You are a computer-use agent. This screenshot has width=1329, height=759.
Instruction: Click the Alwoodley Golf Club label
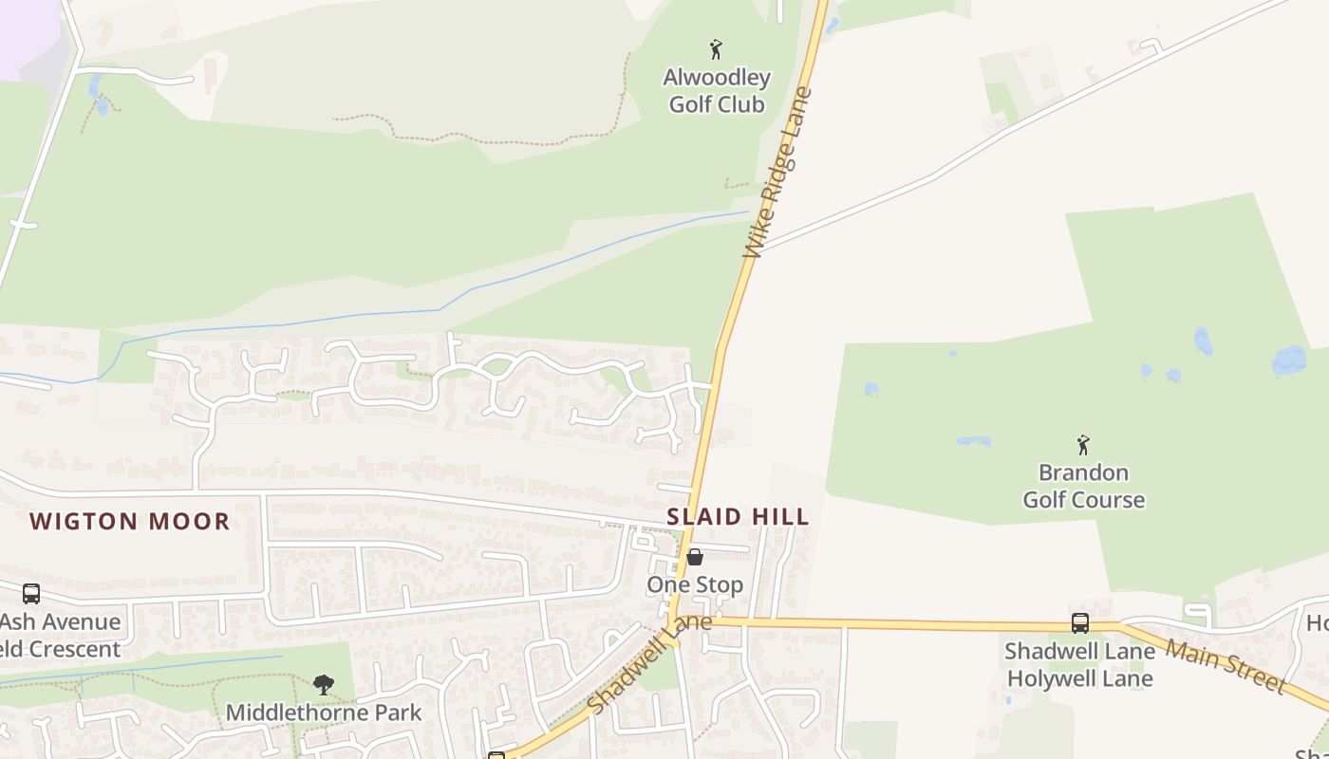click(717, 91)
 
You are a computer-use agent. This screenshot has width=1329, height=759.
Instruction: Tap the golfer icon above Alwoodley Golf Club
click(716, 49)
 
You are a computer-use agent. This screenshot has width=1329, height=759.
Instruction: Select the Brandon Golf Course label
click(1083, 486)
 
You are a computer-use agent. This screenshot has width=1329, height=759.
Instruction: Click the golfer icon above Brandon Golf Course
click(1083, 444)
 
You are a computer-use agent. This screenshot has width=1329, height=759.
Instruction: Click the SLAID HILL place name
click(738, 517)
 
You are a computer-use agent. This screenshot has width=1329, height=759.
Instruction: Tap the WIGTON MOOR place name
click(130, 521)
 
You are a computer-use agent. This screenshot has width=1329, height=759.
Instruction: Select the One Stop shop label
click(695, 584)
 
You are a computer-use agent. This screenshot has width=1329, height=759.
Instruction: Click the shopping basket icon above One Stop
click(695, 557)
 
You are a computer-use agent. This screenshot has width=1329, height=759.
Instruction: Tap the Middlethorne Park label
click(324, 712)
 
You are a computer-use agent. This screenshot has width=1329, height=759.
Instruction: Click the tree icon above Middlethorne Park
click(324, 684)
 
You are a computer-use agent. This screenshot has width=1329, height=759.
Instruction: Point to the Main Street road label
click(1226, 665)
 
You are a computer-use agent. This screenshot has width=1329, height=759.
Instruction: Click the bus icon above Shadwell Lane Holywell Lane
click(1080, 623)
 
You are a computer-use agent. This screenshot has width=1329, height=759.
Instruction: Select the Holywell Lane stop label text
click(1080, 678)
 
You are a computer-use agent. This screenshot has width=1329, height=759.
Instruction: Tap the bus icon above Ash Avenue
click(31, 594)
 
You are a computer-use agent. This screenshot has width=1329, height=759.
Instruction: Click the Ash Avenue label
click(61, 622)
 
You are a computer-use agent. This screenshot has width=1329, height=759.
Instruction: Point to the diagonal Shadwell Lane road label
click(649, 664)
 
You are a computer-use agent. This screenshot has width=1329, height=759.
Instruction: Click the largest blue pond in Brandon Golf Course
click(1288, 360)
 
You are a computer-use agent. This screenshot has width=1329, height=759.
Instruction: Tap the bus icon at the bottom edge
click(496, 755)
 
